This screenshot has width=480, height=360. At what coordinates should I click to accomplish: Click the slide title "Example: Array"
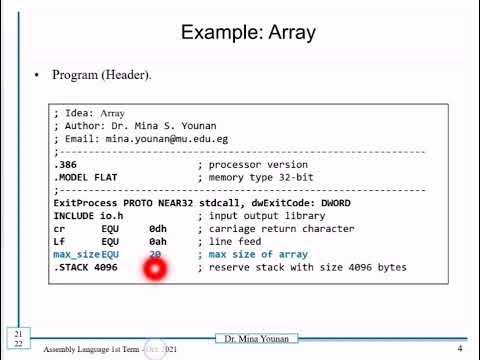click(x=247, y=33)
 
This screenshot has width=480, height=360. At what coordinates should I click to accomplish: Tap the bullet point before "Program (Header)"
click(x=38, y=76)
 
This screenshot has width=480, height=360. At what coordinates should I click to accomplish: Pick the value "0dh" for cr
click(x=158, y=229)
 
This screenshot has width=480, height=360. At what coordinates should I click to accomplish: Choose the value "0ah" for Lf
click(x=158, y=242)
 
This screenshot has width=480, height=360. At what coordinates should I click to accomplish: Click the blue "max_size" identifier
click(x=76, y=255)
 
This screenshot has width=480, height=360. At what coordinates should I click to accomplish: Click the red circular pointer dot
click(x=156, y=270)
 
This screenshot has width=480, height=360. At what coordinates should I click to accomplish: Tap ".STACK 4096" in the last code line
click(x=85, y=268)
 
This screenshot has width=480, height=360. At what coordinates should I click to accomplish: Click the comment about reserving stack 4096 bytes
click(x=302, y=268)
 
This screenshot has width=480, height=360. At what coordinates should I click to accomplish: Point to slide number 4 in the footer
click(x=459, y=348)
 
